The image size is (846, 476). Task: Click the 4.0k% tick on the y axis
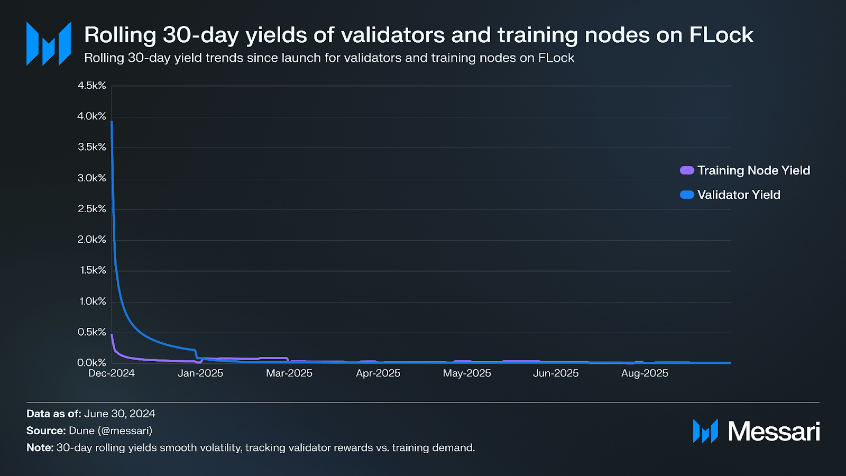pos(92,116)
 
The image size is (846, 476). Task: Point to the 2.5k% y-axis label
pos(92,209)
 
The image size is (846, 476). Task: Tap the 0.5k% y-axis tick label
pos(92,332)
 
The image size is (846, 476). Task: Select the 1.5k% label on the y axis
pos(93,270)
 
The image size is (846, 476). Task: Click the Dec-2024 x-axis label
pos(112,373)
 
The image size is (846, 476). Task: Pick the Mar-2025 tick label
pos(289,373)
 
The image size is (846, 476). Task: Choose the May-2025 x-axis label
pos(467,373)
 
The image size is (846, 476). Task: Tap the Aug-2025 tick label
pos(645,373)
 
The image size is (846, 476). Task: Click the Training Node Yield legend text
pos(753,170)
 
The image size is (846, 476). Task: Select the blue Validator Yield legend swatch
pos(687,195)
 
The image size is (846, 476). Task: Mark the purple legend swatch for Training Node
pos(687,170)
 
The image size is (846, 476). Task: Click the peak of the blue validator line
pos(112,122)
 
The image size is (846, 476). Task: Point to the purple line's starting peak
pos(112,335)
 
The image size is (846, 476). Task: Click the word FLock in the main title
pos(721,35)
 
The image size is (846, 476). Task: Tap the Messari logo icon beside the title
pos(49,44)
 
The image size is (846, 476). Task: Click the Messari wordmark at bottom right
pos(774,432)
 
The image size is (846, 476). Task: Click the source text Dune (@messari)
pos(111,431)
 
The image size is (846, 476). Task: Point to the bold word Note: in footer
pos(40,447)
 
